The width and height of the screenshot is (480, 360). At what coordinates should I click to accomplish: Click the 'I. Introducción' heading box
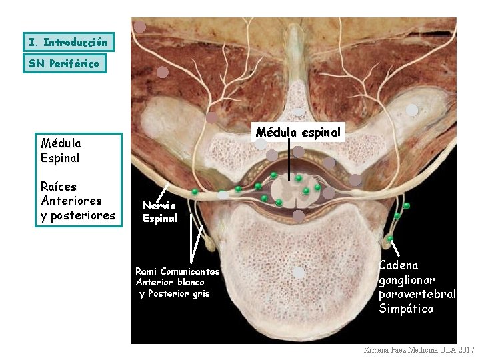click(68, 42)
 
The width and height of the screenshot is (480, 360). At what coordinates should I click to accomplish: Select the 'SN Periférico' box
click(64, 63)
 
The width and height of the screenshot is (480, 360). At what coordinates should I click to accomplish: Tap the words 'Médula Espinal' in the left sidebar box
click(61, 150)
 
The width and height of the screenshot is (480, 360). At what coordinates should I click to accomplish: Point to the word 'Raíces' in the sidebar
click(59, 186)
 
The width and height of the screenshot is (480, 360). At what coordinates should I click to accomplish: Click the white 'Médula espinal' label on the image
click(299, 132)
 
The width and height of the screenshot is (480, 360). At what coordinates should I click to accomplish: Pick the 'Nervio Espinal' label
click(160, 212)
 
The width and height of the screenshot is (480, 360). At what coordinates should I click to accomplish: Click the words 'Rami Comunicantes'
click(177, 271)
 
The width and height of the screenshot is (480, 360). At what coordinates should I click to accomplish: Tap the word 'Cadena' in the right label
click(399, 265)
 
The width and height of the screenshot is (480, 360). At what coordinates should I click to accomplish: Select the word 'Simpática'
click(406, 309)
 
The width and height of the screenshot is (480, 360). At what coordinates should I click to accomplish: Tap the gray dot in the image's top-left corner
click(140, 27)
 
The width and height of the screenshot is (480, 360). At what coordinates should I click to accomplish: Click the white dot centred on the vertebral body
click(299, 272)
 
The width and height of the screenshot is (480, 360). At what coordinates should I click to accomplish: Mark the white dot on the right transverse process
click(413, 110)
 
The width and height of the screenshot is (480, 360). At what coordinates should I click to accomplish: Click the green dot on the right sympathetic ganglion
click(390, 238)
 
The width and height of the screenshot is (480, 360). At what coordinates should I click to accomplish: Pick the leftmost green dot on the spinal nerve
click(195, 192)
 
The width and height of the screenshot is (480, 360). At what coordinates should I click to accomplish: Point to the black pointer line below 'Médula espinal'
click(289, 160)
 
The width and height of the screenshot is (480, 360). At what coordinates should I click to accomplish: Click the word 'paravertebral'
click(417, 294)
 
